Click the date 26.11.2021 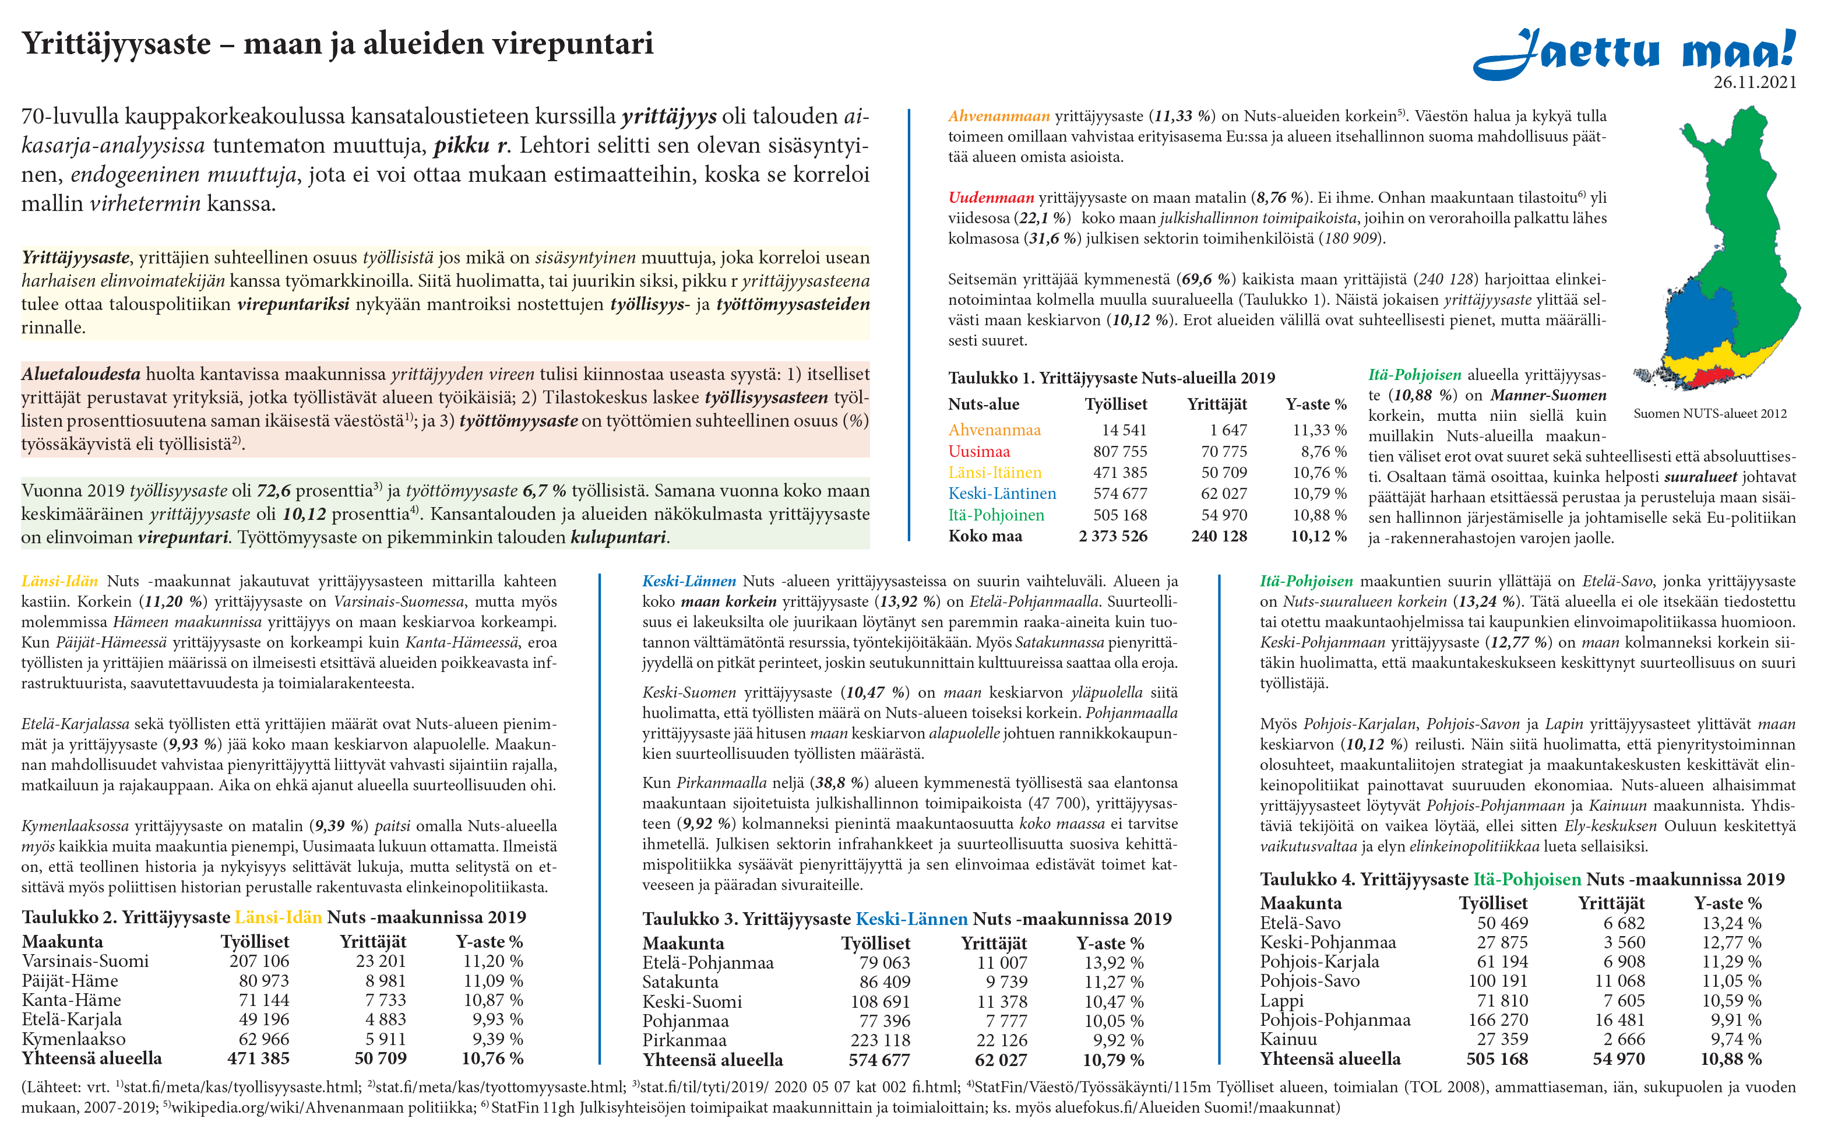(1755, 83)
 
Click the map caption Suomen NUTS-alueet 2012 (1710, 414)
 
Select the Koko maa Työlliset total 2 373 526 (1113, 536)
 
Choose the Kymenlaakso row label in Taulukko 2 (74, 1039)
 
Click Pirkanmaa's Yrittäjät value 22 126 (1002, 1040)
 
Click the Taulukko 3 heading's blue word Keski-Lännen (911, 919)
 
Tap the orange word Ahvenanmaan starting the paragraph (999, 117)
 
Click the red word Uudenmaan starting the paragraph (991, 198)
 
